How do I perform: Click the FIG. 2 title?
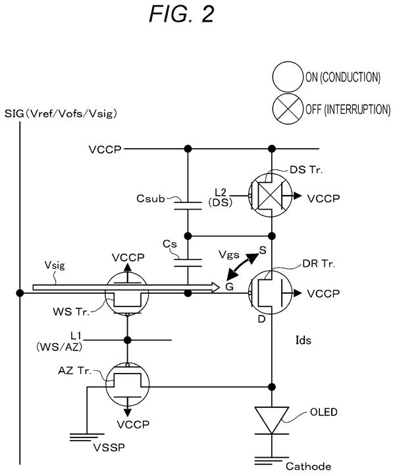(x=182, y=14)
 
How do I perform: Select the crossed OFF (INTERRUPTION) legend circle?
(x=288, y=109)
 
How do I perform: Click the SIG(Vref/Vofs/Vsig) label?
(x=61, y=114)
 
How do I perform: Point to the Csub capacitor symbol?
(x=188, y=206)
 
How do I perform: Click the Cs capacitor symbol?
(x=188, y=263)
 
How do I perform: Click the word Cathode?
(x=308, y=466)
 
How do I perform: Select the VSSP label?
(x=109, y=447)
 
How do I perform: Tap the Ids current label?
(x=303, y=340)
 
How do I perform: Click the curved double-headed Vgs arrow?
(x=242, y=267)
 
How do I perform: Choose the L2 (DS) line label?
(x=221, y=197)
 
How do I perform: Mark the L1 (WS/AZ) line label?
(x=59, y=341)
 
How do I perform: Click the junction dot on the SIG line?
(x=20, y=293)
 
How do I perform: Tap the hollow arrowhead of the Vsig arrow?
(x=215, y=287)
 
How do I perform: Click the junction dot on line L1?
(x=128, y=340)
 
